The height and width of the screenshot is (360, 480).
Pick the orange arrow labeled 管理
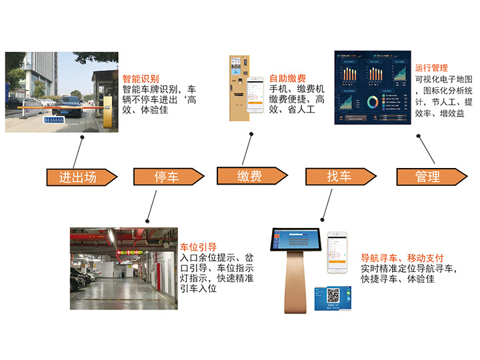(427, 177)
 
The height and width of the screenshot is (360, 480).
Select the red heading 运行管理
(431, 68)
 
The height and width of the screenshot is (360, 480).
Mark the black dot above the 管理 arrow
(418, 135)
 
